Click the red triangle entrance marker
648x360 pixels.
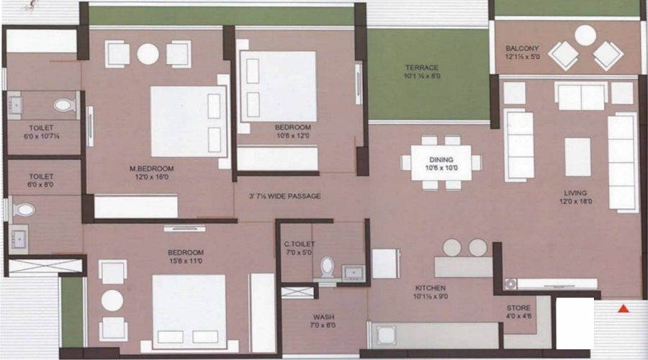pyautogui.click(x=624, y=308)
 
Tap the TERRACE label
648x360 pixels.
pyautogui.click(x=421, y=68)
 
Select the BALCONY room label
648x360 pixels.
pyautogui.click(x=522, y=48)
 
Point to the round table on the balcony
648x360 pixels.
pyautogui.click(x=585, y=35)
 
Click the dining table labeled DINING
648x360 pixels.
pyautogui.click(x=441, y=163)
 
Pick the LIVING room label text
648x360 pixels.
pyautogui.click(x=575, y=193)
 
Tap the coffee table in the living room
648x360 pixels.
pyautogui.click(x=577, y=157)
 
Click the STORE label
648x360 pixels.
pyautogui.click(x=518, y=308)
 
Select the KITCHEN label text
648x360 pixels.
pyautogui.click(x=431, y=288)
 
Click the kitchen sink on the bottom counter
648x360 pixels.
pyautogui.click(x=386, y=335)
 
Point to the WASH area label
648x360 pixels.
pyautogui.click(x=323, y=317)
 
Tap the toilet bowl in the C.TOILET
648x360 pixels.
pyautogui.click(x=328, y=267)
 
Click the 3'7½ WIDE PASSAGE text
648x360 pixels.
pyautogui.click(x=284, y=196)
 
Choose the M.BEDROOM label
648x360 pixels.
pyautogui.click(x=152, y=168)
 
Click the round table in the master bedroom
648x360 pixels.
pyautogui.click(x=148, y=54)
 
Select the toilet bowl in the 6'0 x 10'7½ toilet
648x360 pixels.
pyautogui.click(x=65, y=105)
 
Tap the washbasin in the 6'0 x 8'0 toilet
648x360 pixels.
pyautogui.click(x=19, y=239)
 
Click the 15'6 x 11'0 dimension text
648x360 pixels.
pyautogui.click(x=186, y=261)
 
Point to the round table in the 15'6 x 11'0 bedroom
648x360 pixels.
pyautogui.click(x=112, y=300)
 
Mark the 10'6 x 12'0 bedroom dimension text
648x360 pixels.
pyautogui.click(x=292, y=135)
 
